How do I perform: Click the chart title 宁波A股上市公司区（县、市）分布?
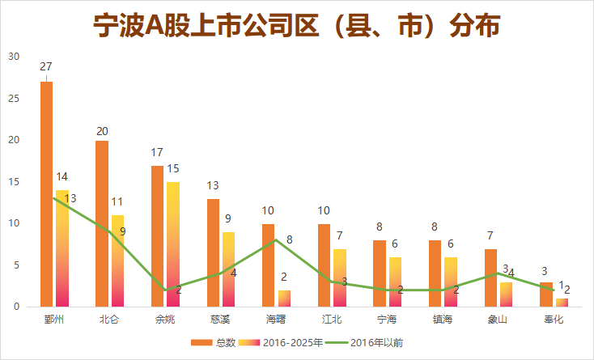tap(296, 27)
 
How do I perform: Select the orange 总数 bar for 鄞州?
tap(47, 194)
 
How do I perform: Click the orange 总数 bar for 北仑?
tap(102, 223)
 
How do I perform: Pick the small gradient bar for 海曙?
tap(284, 299)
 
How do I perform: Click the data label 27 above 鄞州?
tap(46, 66)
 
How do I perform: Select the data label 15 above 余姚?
tap(174, 167)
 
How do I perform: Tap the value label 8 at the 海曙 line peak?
tap(289, 239)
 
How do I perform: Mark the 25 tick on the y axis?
tap(13, 98)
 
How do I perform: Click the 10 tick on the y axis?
tap(13, 223)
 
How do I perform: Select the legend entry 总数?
tap(215, 343)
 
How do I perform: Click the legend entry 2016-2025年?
tap(284, 343)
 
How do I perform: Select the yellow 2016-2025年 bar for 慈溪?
tap(229, 269)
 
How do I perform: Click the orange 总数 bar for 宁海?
tap(380, 273)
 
